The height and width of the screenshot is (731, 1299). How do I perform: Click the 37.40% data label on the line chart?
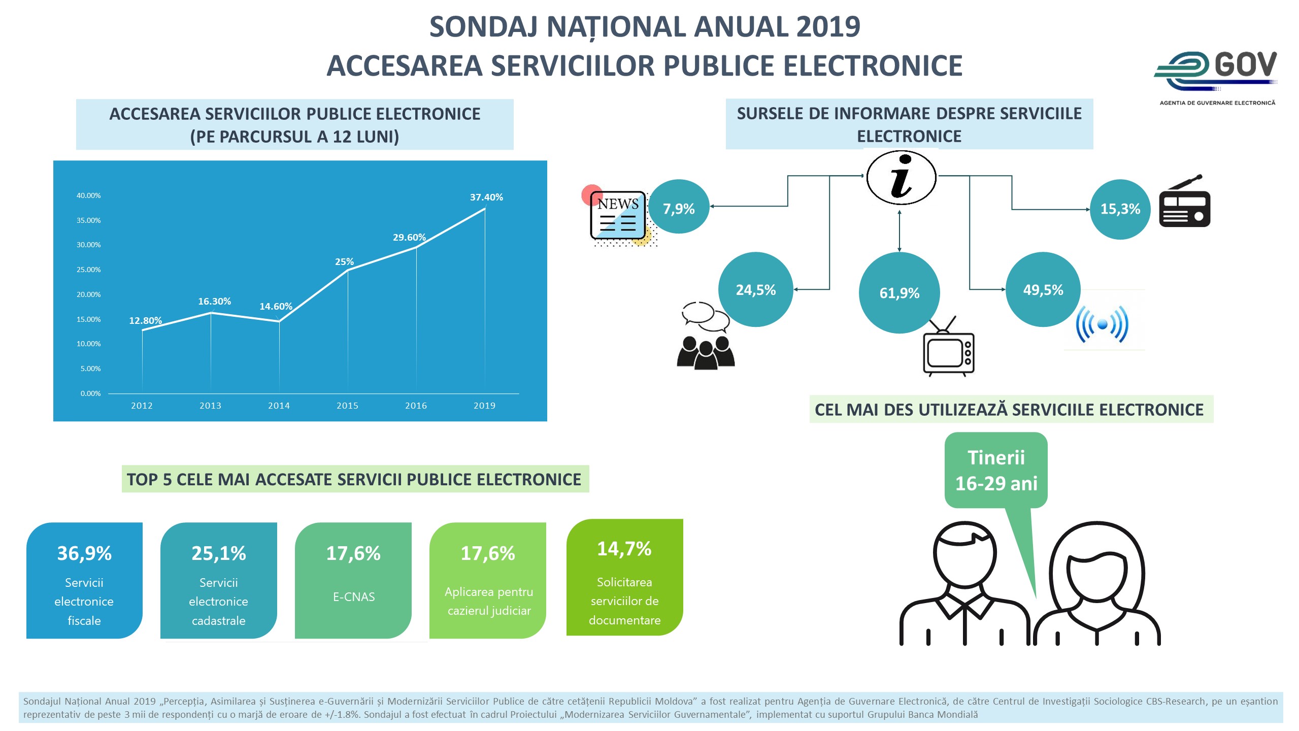(x=486, y=197)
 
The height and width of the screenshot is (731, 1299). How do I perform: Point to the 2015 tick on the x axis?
(x=347, y=406)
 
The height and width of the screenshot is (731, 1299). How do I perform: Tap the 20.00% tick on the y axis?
(x=88, y=294)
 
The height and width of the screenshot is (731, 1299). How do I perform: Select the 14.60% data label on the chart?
(x=276, y=306)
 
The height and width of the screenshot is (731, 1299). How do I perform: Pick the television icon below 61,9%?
(x=948, y=349)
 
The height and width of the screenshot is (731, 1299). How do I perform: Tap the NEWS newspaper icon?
(x=618, y=215)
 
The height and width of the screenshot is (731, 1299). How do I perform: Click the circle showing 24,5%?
(x=755, y=290)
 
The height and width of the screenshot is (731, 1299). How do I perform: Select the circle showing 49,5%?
(x=1043, y=290)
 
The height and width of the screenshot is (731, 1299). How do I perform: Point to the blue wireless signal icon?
(x=1102, y=324)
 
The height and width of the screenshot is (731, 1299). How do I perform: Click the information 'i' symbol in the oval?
(x=901, y=177)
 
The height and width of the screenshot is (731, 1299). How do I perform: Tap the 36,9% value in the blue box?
(x=84, y=553)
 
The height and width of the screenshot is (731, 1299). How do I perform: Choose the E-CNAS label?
(x=354, y=597)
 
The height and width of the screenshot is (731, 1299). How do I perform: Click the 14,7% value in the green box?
(x=624, y=549)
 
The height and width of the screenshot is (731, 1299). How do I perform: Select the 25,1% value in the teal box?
(x=218, y=553)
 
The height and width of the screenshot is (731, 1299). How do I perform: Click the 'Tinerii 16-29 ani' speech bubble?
(x=995, y=470)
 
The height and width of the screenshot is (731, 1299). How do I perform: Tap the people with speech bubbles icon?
(x=706, y=336)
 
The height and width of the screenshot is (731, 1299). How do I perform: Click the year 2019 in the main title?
(x=828, y=27)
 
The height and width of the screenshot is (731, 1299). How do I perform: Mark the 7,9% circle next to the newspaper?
(x=679, y=209)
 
